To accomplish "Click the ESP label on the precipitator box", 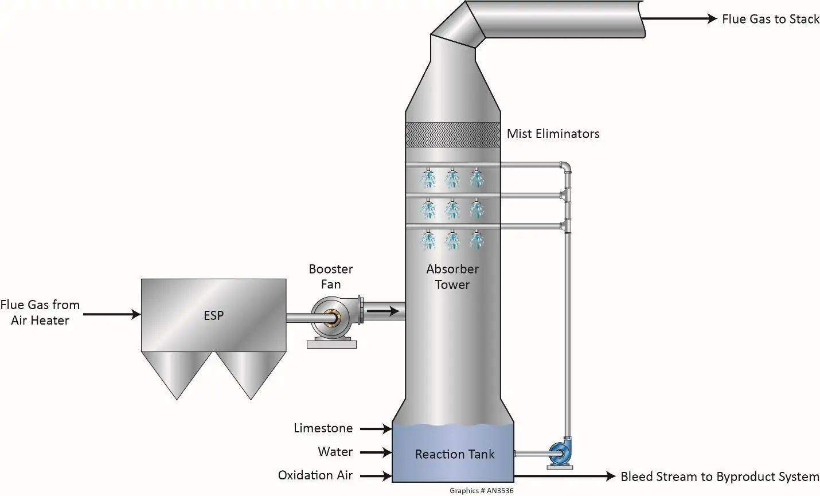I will tap(213, 315).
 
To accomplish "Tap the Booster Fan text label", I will tap(331, 276).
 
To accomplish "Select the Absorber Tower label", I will tap(452, 276).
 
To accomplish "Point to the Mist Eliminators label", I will tap(553, 134).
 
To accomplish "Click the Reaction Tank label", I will tap(454, 455).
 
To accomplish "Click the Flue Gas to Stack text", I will tap(770, 19).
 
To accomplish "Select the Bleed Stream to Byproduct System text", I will tap(719, 477).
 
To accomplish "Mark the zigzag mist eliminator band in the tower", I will tap(452, 135).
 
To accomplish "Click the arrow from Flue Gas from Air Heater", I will tap(112, 314).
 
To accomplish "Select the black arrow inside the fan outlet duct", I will tap(382, 311).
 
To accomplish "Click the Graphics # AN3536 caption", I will tap(481, 491).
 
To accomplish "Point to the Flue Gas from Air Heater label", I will tap(40, 313).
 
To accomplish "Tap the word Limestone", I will tap(323, 428).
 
